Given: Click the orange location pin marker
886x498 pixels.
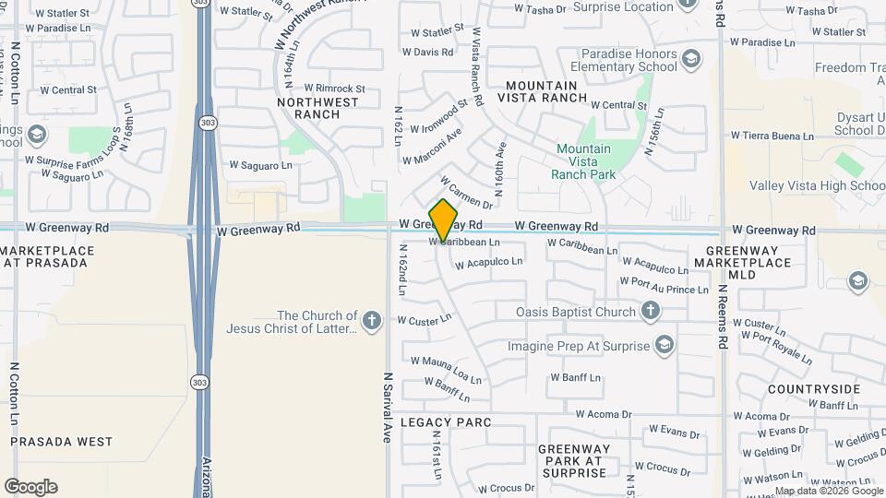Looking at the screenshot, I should pos(444,220).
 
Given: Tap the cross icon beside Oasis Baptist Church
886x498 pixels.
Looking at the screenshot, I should pos(651,312).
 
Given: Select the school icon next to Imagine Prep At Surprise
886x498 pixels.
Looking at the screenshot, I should pos(664,346).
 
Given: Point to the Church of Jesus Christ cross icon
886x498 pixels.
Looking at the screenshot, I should pos(371,321).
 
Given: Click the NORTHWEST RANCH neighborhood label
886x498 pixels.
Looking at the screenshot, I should pos(317,108).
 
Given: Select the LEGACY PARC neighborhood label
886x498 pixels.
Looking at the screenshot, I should pos(446,422).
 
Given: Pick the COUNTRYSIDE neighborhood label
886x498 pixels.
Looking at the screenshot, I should pos(813,389).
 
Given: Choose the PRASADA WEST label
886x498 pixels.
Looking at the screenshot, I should pos(62,442).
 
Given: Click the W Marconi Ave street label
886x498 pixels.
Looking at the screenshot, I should pos(432,148).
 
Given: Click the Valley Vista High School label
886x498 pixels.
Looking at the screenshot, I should pos(817,185).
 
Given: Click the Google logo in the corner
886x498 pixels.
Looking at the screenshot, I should pos(30,487).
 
